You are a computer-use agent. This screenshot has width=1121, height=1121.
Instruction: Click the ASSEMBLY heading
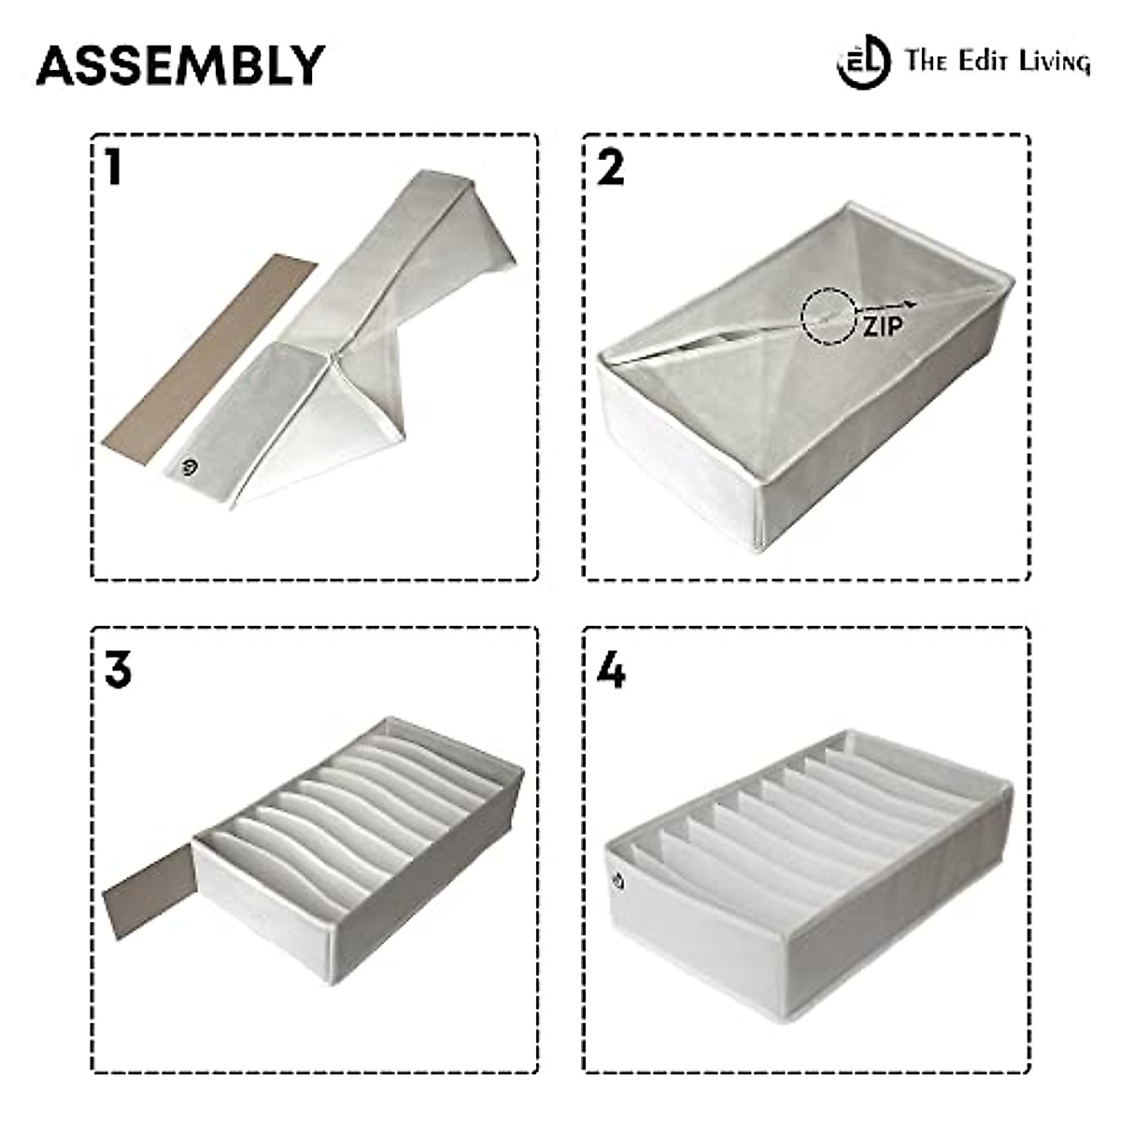(180, 65)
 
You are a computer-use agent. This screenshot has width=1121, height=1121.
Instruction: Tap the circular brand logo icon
(861, 63)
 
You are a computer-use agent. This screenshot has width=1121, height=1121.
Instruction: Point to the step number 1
(114, 168)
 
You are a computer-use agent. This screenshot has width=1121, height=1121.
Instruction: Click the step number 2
(610, 168)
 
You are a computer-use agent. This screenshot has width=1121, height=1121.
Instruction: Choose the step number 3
(119, 670)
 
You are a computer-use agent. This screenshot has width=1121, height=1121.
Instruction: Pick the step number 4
(610, 670)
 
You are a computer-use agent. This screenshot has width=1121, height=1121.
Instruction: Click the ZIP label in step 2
(882, 326)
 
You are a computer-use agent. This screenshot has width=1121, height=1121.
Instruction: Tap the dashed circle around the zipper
(830, 316)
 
